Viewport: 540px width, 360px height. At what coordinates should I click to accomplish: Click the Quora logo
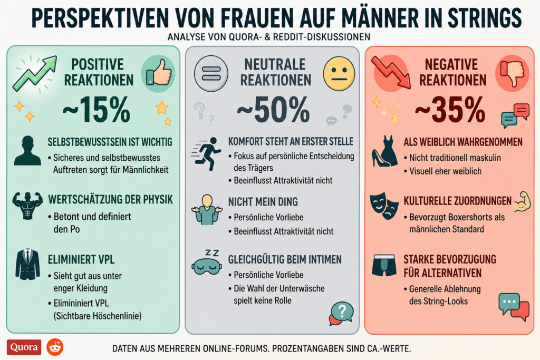(24, 347)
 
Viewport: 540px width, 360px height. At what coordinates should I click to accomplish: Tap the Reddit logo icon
(55, 347)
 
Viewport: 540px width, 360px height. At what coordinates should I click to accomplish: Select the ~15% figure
(97, 110)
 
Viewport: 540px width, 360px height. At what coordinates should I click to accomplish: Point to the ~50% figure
(273, 110)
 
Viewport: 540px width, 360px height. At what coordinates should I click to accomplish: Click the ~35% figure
(450, 110)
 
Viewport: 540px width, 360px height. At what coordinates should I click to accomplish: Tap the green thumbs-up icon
(158, 73)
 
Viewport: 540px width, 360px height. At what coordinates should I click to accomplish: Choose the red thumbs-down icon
(512, 73)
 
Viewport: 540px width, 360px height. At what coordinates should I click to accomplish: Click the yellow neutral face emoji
(339, 74)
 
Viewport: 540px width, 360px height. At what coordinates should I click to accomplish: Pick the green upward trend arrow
(34, 73)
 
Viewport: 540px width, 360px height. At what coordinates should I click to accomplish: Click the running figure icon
(207, 154)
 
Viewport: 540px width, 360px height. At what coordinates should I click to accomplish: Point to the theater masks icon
(384, 207)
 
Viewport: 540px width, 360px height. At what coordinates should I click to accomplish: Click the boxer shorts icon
(384, 265)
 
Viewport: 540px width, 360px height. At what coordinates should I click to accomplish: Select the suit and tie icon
(27, 264)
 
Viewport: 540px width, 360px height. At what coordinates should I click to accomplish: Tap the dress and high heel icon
(384, 151)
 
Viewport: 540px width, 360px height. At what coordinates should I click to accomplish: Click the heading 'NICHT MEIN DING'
(263, 202)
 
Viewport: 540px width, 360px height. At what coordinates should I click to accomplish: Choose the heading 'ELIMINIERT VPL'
(81, 259)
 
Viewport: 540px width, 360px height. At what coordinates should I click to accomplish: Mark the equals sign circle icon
(211, 74)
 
